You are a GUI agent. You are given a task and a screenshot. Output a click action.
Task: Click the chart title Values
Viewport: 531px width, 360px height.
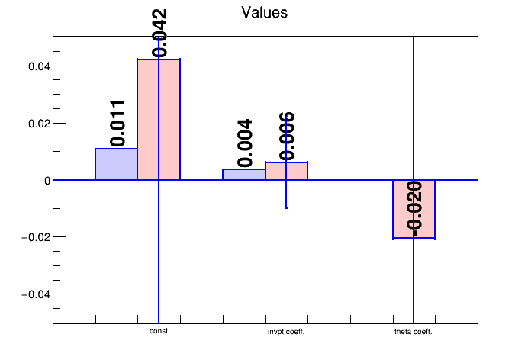pos(264,13)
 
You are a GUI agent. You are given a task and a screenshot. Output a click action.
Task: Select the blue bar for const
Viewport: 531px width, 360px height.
pos(116,164)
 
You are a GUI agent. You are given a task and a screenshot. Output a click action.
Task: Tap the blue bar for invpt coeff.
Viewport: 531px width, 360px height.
pos(243,175)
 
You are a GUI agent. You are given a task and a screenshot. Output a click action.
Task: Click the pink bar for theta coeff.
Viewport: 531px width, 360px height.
pos(414,209)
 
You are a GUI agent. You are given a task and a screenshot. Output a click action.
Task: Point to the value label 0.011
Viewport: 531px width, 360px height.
pos(117,123)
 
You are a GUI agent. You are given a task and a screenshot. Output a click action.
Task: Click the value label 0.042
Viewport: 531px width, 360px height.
pos(159,33)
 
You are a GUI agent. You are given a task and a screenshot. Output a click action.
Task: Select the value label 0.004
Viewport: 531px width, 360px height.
pos(245,143)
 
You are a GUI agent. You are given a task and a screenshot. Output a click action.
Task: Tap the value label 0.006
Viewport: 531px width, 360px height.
pos(287,137)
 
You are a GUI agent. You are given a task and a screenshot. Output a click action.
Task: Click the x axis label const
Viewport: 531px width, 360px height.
pos(159,331)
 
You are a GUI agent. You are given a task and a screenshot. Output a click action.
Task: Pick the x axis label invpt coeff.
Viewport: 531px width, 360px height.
pos(286,332)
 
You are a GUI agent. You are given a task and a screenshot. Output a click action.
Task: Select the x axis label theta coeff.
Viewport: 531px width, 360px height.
pos(414,332)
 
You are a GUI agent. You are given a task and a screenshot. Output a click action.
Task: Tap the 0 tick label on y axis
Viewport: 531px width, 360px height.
pos(47,181)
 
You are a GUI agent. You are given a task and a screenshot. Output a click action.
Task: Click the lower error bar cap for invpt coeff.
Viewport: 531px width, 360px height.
pos(286,208)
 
